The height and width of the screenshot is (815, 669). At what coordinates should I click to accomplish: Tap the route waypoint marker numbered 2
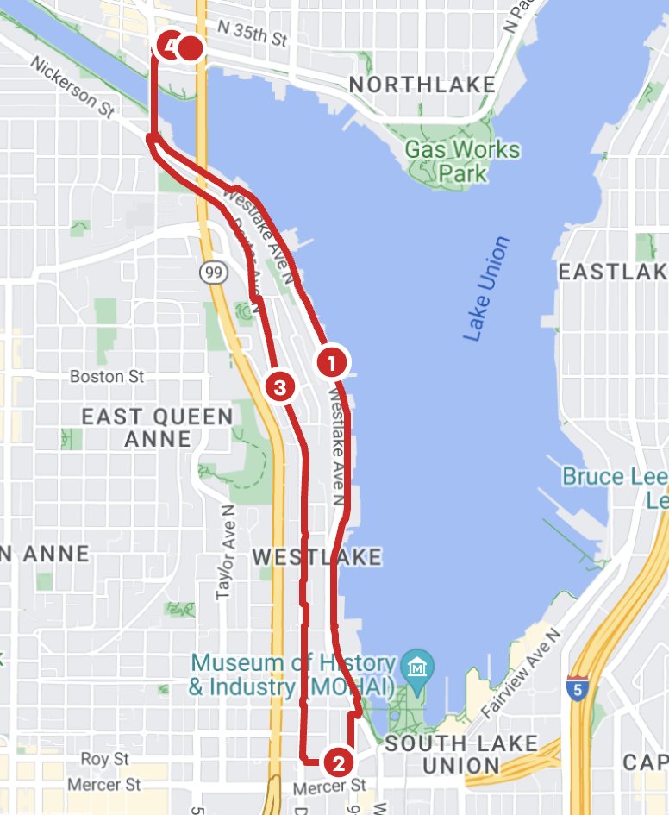pyautogui.click(x=337, y=762)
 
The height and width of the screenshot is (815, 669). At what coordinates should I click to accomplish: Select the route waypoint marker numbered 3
pyautogui.click(x=279, y=386)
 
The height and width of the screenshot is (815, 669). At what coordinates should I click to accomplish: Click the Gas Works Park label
pyautogui.click(x=463, y=161)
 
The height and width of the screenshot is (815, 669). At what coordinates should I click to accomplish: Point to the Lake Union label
pyautogui.click(x=486, y=289)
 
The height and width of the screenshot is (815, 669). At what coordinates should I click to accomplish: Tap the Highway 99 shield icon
pyautogui.click(x=212, y=273)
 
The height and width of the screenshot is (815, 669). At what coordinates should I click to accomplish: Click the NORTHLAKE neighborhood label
pyautogui.click(x=422, y=85)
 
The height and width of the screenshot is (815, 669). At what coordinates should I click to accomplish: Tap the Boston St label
pyautogui.click(x=107, y=377)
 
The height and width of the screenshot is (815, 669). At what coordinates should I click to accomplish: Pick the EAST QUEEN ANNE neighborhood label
pyautogui.click(x=157, y=428)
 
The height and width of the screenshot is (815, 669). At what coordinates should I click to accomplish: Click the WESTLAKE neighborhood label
pyautogui.click(x=316, y=557)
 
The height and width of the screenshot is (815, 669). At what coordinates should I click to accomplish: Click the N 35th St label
pyautogui.click(x=252, y=35)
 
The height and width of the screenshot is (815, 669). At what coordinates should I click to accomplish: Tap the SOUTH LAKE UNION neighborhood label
pyautogui.click(x=461, y=754)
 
